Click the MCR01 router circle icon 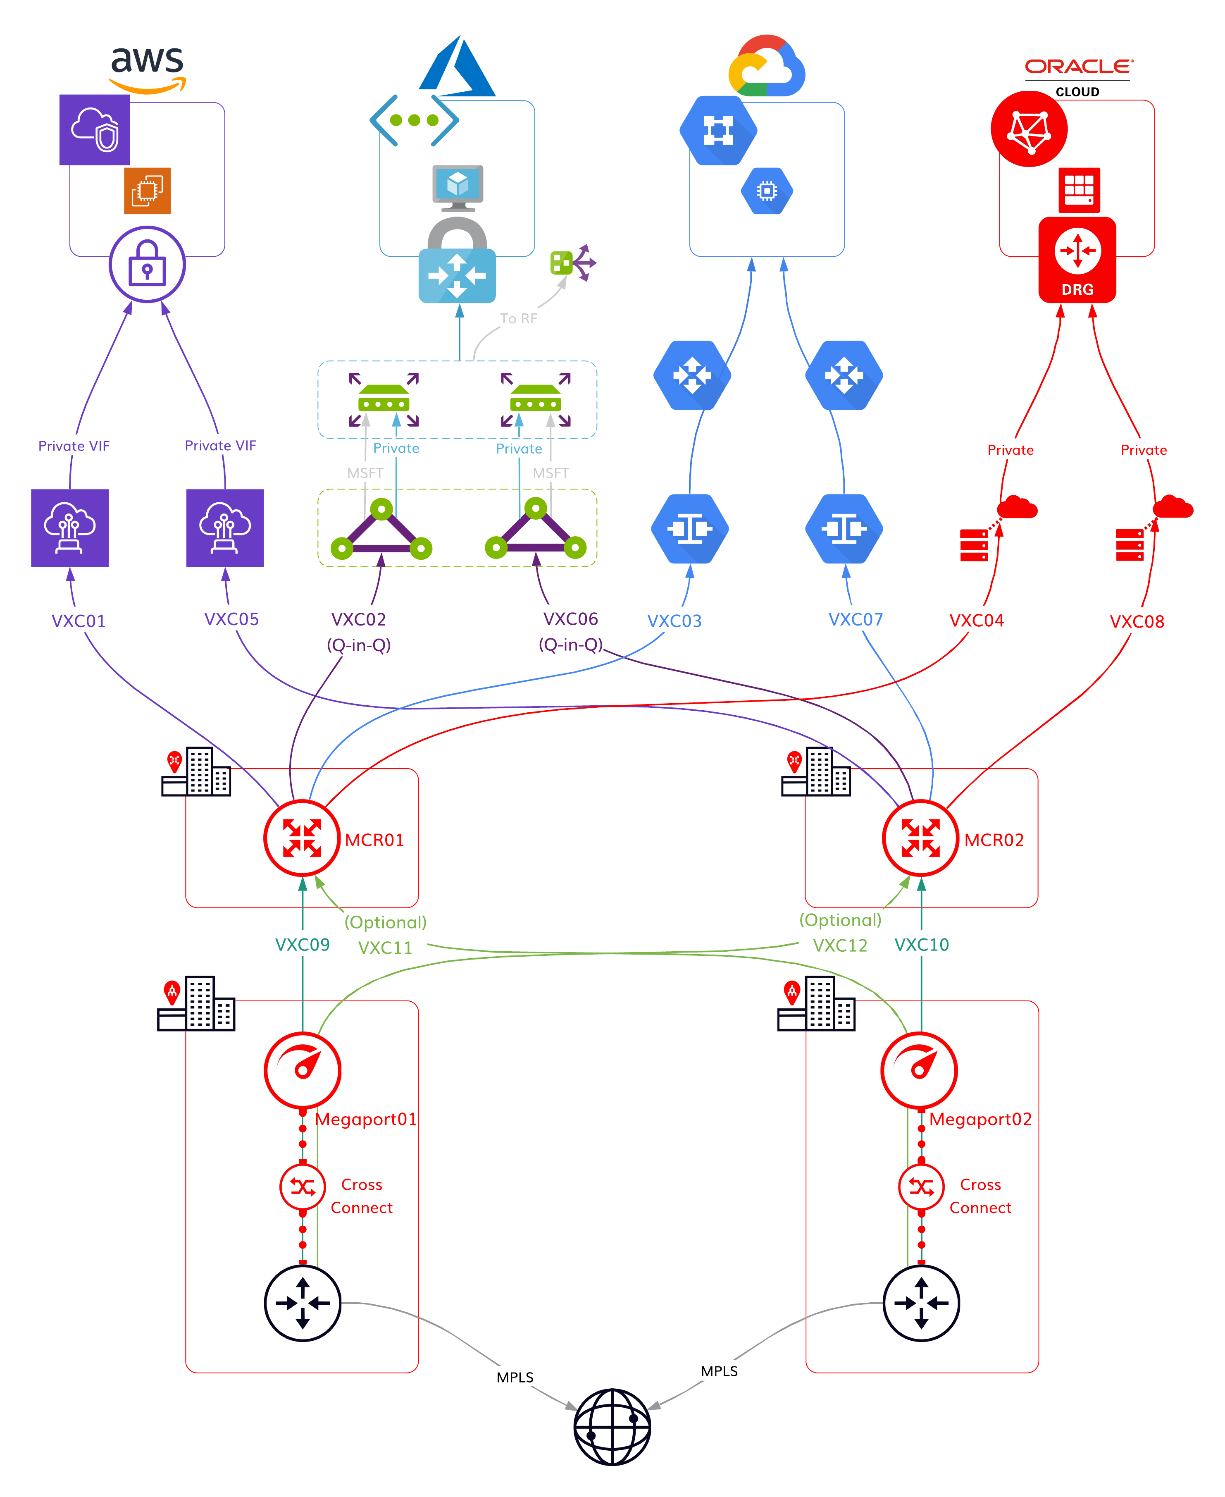point(302,838)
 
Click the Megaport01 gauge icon point(302,1070)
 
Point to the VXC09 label point(302,944)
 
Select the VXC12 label point(840,945)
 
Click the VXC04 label point(977,621)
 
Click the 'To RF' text point(519,318)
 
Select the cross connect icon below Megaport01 point(302,1187)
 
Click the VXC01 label point(79,621)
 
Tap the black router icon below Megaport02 point(921,1302)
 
